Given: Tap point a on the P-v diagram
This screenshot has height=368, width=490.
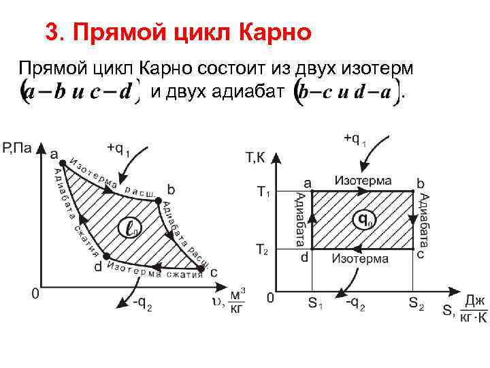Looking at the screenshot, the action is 63,162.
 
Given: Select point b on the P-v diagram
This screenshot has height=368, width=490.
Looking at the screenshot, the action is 158,201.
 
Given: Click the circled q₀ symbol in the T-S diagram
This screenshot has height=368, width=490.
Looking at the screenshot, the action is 365,220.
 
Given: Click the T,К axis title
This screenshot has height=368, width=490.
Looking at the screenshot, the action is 255,158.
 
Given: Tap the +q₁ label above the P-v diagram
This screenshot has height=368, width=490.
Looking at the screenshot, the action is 118,149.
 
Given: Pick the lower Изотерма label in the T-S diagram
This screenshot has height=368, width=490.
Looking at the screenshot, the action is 360,258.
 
